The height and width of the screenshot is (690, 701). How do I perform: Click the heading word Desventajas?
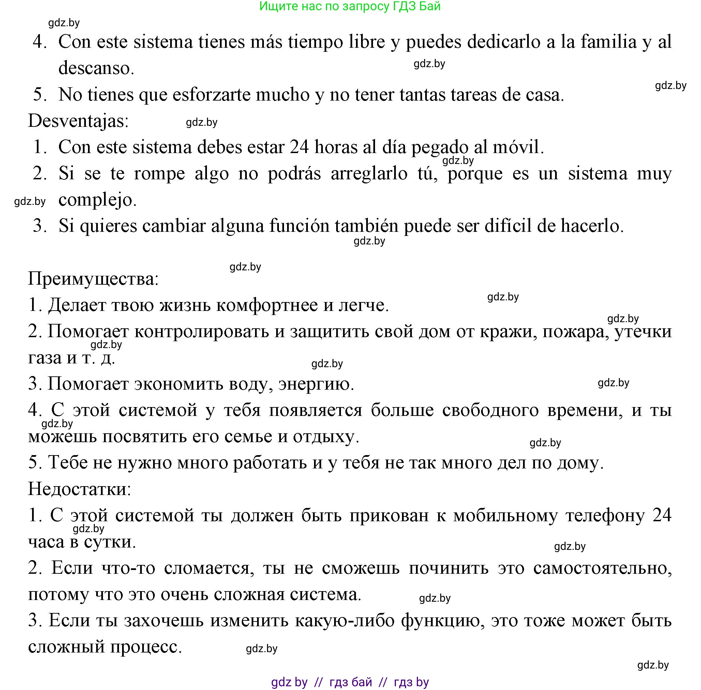[x=78, y=121]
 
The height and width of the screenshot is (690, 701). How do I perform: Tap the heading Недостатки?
[x=79, y=489]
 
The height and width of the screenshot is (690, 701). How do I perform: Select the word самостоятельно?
[x=602, y=568]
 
